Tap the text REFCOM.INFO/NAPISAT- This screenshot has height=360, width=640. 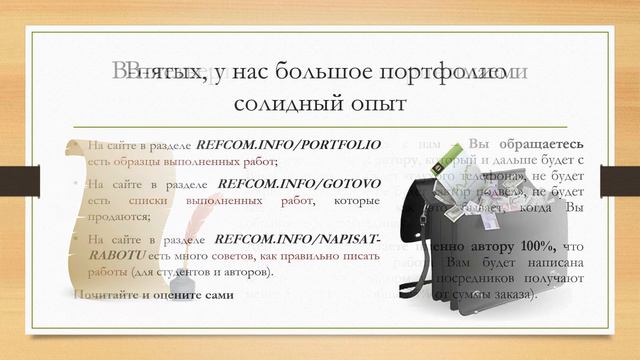pyautogui.click(x=298, y=239)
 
